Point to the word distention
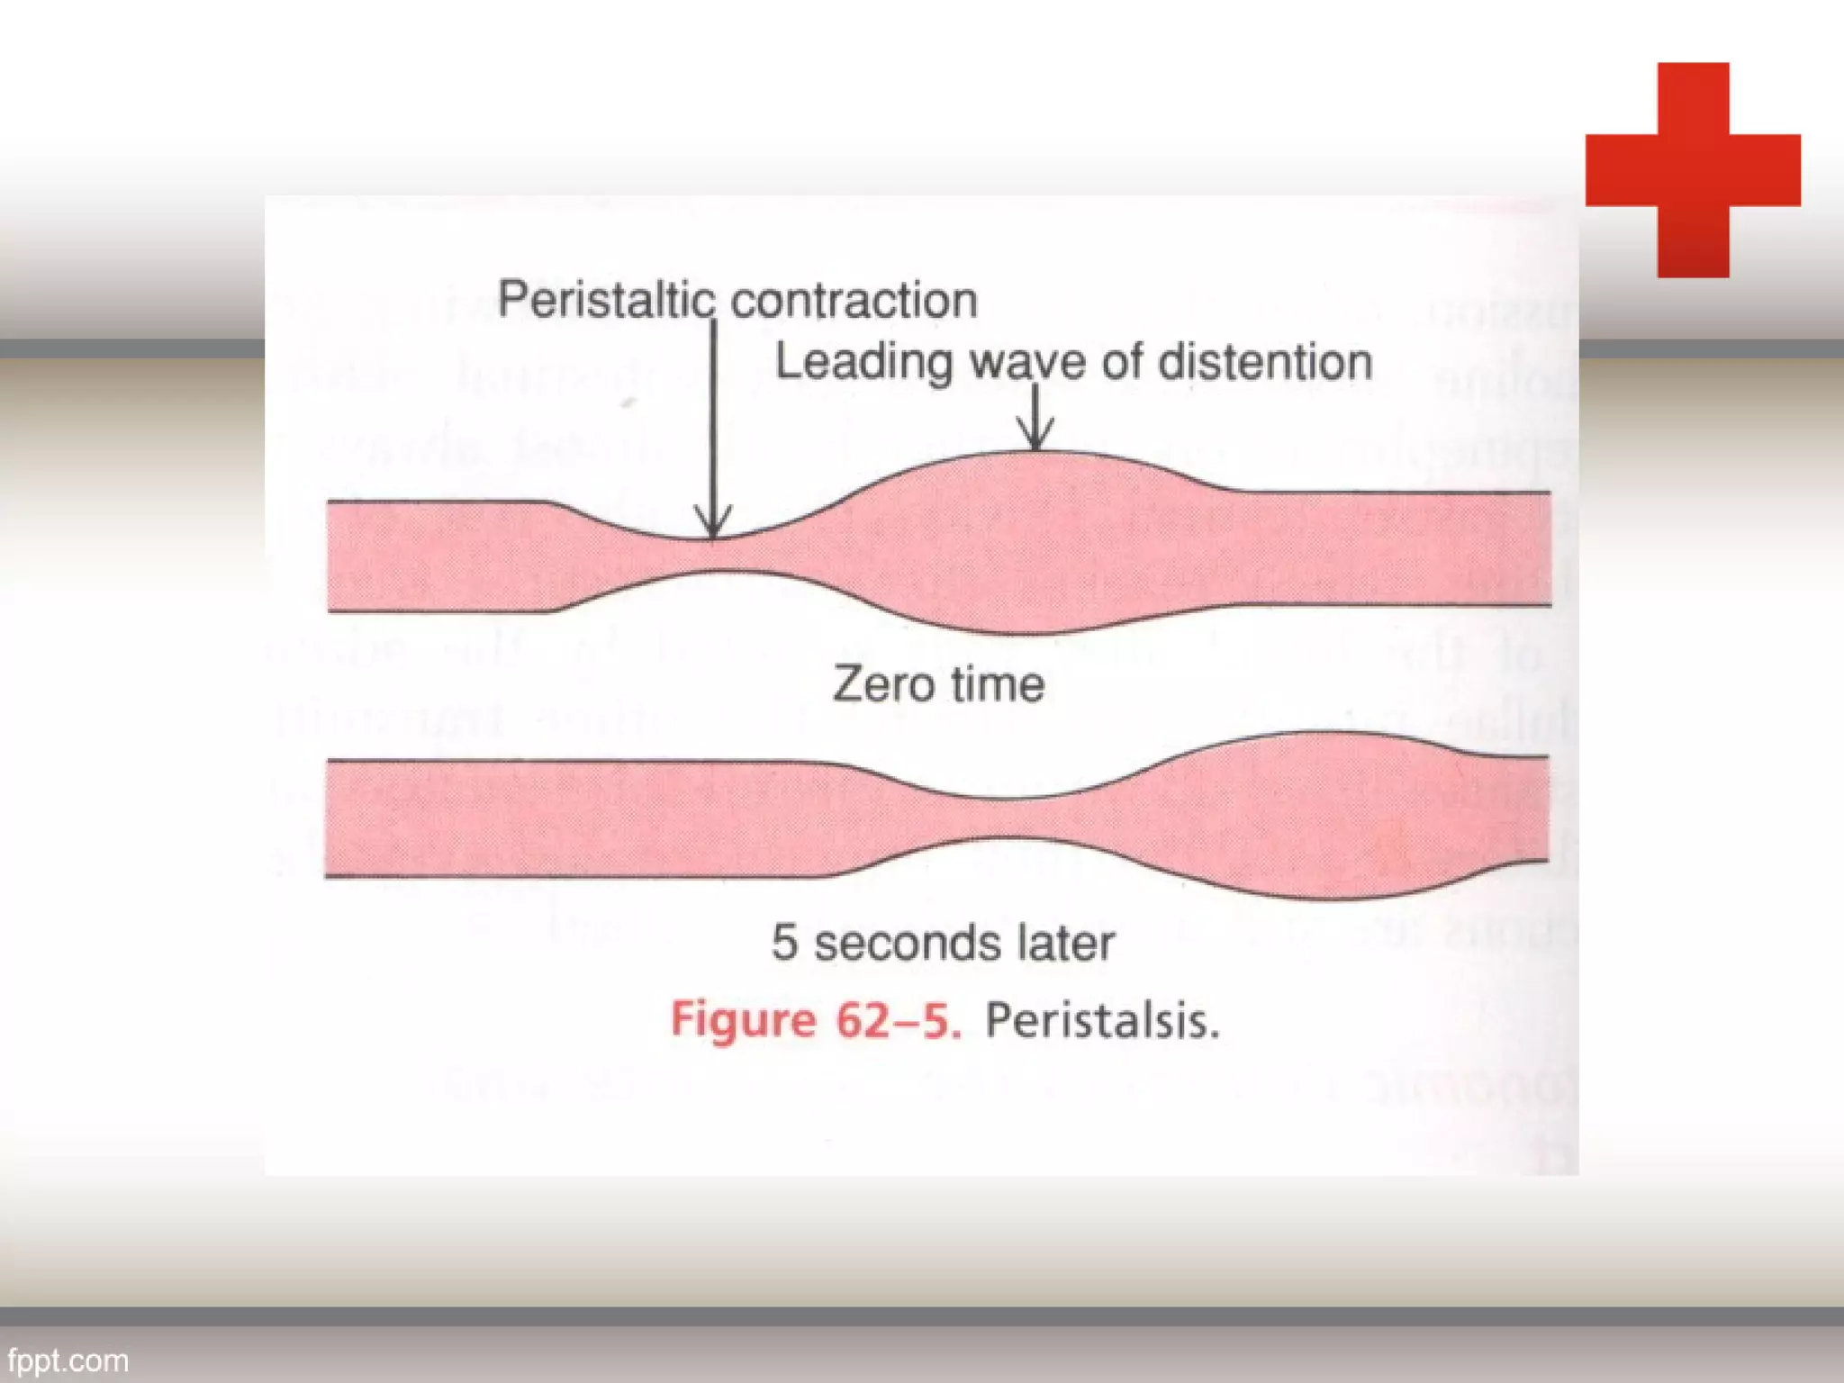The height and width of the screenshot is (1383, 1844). [x=1265, y=362]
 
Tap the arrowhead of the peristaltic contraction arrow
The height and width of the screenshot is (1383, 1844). [x=713, y=526]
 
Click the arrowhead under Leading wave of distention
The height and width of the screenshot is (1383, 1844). [x=1035, y=438]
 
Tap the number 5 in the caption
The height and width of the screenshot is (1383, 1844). [x=784, y=943]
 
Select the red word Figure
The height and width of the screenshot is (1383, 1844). [x=743, y=1021]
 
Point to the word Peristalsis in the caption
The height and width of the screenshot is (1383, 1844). [x=1102, y=1021]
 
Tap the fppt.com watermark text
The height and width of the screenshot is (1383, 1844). [x=68, y=1360]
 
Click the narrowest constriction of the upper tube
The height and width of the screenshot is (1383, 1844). [x=713, y=556]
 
